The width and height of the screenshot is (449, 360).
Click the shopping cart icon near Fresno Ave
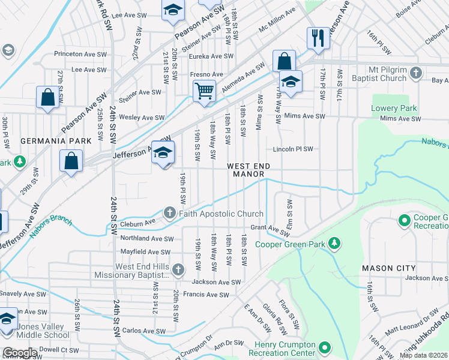click(205, 91)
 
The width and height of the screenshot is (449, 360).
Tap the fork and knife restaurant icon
click(318, 38)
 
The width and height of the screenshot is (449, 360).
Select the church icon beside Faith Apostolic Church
click(170, 214)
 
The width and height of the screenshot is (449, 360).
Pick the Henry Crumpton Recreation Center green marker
click(325, 347)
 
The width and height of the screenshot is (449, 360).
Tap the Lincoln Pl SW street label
click(294, 149)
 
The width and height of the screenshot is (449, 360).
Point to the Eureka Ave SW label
click(211, 56)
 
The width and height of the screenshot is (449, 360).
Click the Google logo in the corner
click(19, 353)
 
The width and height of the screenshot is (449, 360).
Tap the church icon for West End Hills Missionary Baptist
click(178, 271)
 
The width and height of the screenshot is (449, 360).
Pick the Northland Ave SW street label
click(146, 238)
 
